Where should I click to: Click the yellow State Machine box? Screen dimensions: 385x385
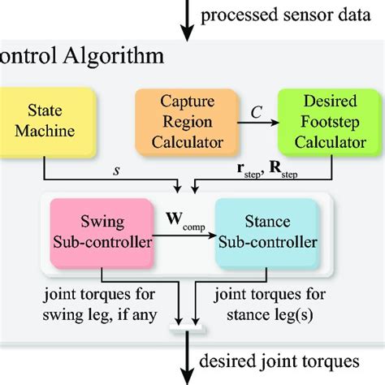click(50, 121)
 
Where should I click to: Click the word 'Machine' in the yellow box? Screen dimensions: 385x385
click(50, 131)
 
